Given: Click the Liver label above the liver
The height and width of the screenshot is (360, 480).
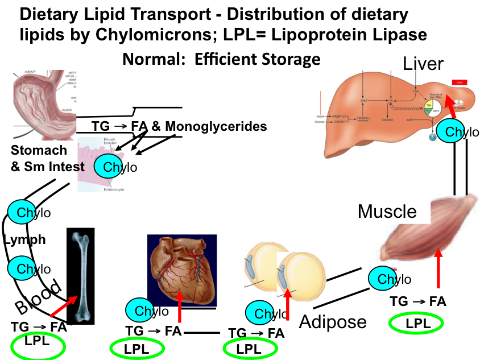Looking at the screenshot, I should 423,63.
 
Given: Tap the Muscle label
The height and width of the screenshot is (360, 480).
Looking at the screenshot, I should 387,212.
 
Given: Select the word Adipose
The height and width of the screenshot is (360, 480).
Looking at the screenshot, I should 333,321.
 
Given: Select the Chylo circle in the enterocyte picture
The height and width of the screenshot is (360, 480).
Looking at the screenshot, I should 113,166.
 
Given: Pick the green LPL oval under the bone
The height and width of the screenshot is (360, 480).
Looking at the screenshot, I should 38,345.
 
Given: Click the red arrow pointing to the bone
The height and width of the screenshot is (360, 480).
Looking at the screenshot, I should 64,305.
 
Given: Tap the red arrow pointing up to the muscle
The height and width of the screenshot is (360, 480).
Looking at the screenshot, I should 438,271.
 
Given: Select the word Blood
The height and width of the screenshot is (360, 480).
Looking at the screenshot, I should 38,299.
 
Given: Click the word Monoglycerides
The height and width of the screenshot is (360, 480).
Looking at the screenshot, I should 216,126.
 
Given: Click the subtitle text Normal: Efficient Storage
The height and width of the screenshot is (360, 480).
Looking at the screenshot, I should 221,59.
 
